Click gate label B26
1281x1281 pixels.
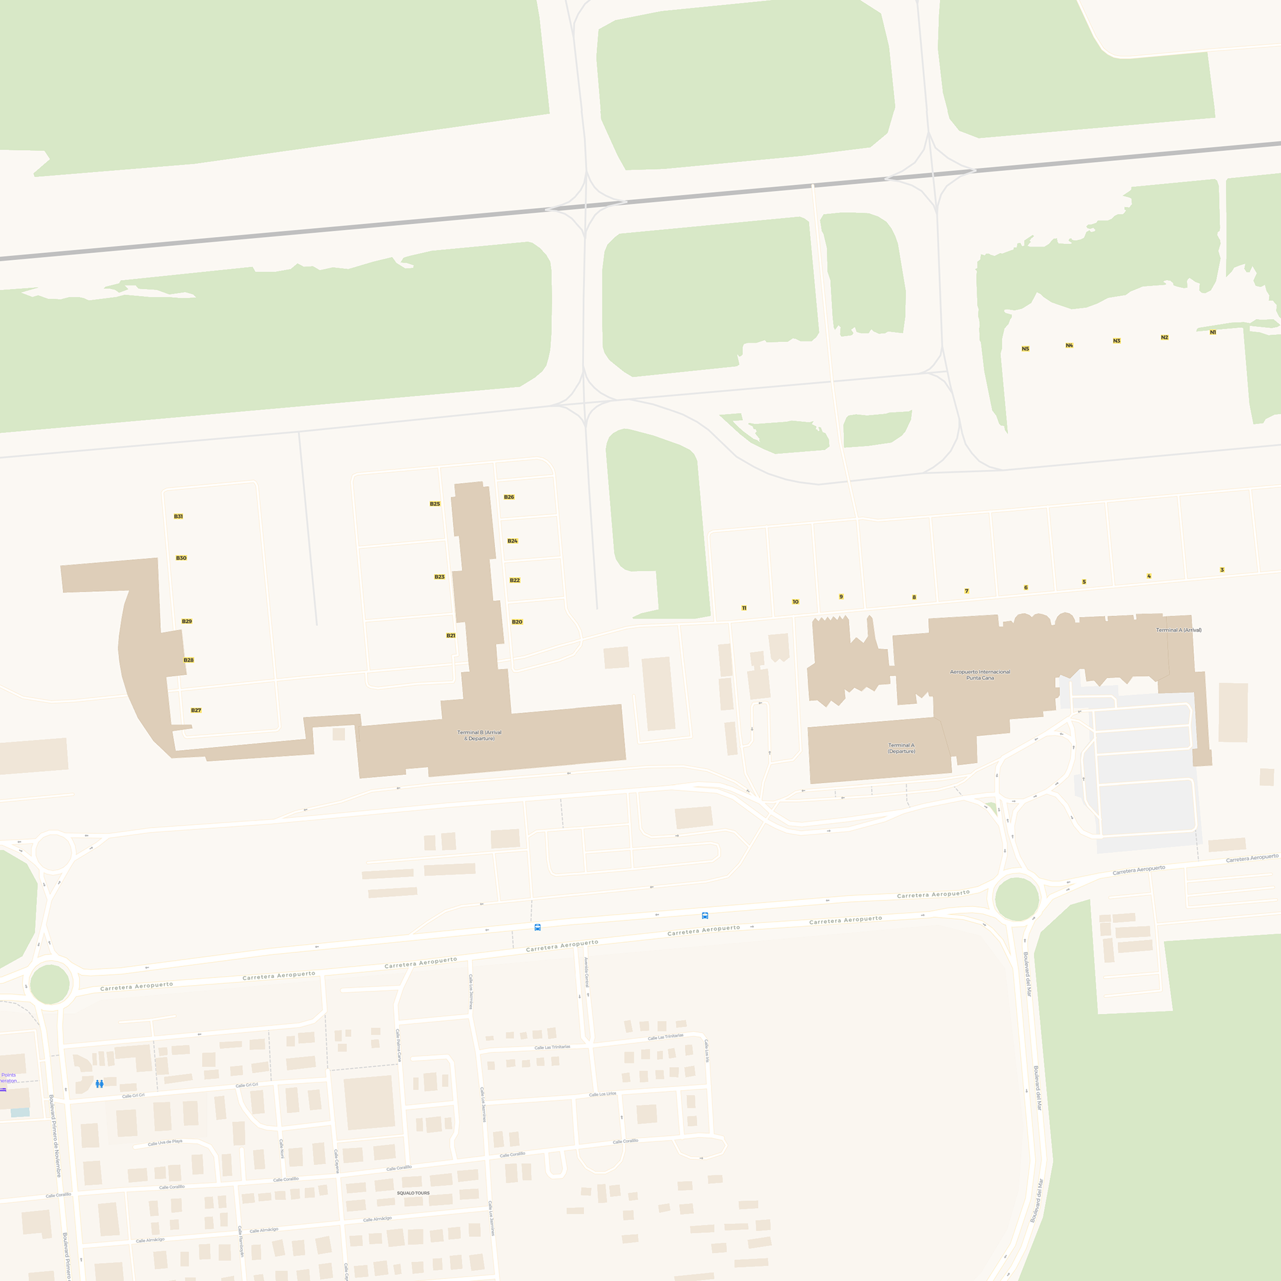click(509, 496)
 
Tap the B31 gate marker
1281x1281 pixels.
click(178, 516)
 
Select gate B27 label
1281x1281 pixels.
click(196, 710)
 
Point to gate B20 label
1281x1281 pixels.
click(517, 621)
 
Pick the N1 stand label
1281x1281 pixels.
click(1212, 332)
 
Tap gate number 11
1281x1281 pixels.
click(744, 607)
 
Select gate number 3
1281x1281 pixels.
click(1222, 569)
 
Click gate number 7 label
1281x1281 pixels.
click(967, 591)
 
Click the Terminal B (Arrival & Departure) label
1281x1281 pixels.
click(479, 735)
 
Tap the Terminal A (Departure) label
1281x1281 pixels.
click(902, 748)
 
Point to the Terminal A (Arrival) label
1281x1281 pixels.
click(1179, 630)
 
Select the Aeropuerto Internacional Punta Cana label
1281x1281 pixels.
click(980, 674)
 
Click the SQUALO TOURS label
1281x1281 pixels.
click(413, 1193)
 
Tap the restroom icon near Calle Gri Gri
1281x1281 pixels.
click(99, 1084)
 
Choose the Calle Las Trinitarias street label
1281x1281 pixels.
click(552, 1047)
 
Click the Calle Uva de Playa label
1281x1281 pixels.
click(165, 1143)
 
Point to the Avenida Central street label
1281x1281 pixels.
click(587, 972)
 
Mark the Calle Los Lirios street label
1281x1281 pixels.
click(603, 1094)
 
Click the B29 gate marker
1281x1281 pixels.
click(187, 621)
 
